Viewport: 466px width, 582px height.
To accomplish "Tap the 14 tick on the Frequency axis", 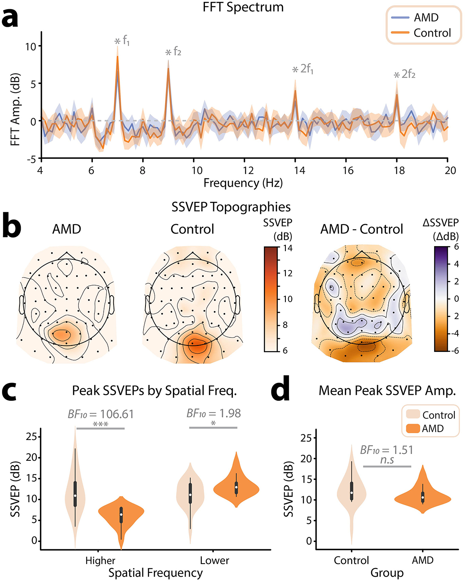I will (x=299, y=170).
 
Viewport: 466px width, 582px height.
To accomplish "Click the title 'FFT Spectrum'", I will (x=243, y=7).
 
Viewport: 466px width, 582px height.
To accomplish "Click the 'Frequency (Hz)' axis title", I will (x=243, y=183).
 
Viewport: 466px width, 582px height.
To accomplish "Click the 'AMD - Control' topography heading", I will (x=362, y=229).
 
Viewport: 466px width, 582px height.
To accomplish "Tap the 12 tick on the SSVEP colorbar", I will (x=287, y=273).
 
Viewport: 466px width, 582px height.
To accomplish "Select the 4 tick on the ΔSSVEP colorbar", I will (x=456, y=264).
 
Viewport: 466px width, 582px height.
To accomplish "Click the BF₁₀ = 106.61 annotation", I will (x=100, y=414).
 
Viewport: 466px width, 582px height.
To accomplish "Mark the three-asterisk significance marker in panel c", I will (x=100, y=424).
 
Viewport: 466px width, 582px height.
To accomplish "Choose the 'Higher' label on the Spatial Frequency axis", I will (x=100, y=560).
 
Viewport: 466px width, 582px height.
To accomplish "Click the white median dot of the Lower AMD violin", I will (x=236, y=487).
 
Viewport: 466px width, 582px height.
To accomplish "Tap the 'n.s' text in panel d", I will (x=387, y=460).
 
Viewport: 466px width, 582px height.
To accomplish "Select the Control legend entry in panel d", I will (x=438, y=415).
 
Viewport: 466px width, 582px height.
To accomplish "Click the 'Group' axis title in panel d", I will (x=387, y=573).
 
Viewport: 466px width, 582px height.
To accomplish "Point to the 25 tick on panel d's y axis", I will (x=307, y=438).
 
